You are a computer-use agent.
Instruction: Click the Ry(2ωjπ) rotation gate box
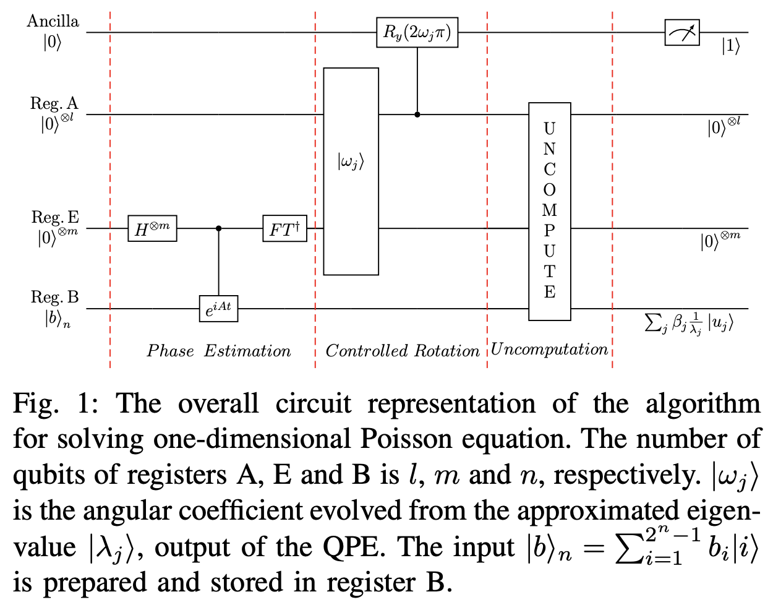(x=417, y=33)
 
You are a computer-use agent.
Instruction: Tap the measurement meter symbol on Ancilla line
(x=682, y=32)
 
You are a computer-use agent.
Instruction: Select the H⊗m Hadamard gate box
(x=152, y=228)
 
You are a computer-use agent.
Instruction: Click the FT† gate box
(x=284, y=228)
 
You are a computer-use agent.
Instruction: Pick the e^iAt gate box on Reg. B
(x=218, y=308)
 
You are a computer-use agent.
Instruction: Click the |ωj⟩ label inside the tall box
(x=351, y=162)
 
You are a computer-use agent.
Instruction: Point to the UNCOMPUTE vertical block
(x=549, y=211)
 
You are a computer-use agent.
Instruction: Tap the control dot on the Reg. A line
(x=417, y=114)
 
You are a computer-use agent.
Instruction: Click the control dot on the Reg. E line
(x=218, y=228)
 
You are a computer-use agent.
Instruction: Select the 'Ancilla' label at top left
(x=53, y=21)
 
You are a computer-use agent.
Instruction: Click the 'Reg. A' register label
(x=54, y=103)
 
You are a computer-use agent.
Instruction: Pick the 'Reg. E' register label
(x=55, y=217)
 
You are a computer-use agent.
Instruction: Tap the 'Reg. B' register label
(x=55, y=298)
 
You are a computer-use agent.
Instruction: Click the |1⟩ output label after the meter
(x=730, y=46)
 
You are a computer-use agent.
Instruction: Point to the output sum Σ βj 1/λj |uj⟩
(x=688, y=322)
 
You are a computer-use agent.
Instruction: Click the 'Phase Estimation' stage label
(x=218, y=351)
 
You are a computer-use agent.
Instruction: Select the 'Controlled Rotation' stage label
(x=402, y=351)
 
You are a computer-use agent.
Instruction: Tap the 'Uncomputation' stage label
(x=549, y=350)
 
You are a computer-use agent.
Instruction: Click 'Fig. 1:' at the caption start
(x=54, y=404)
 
